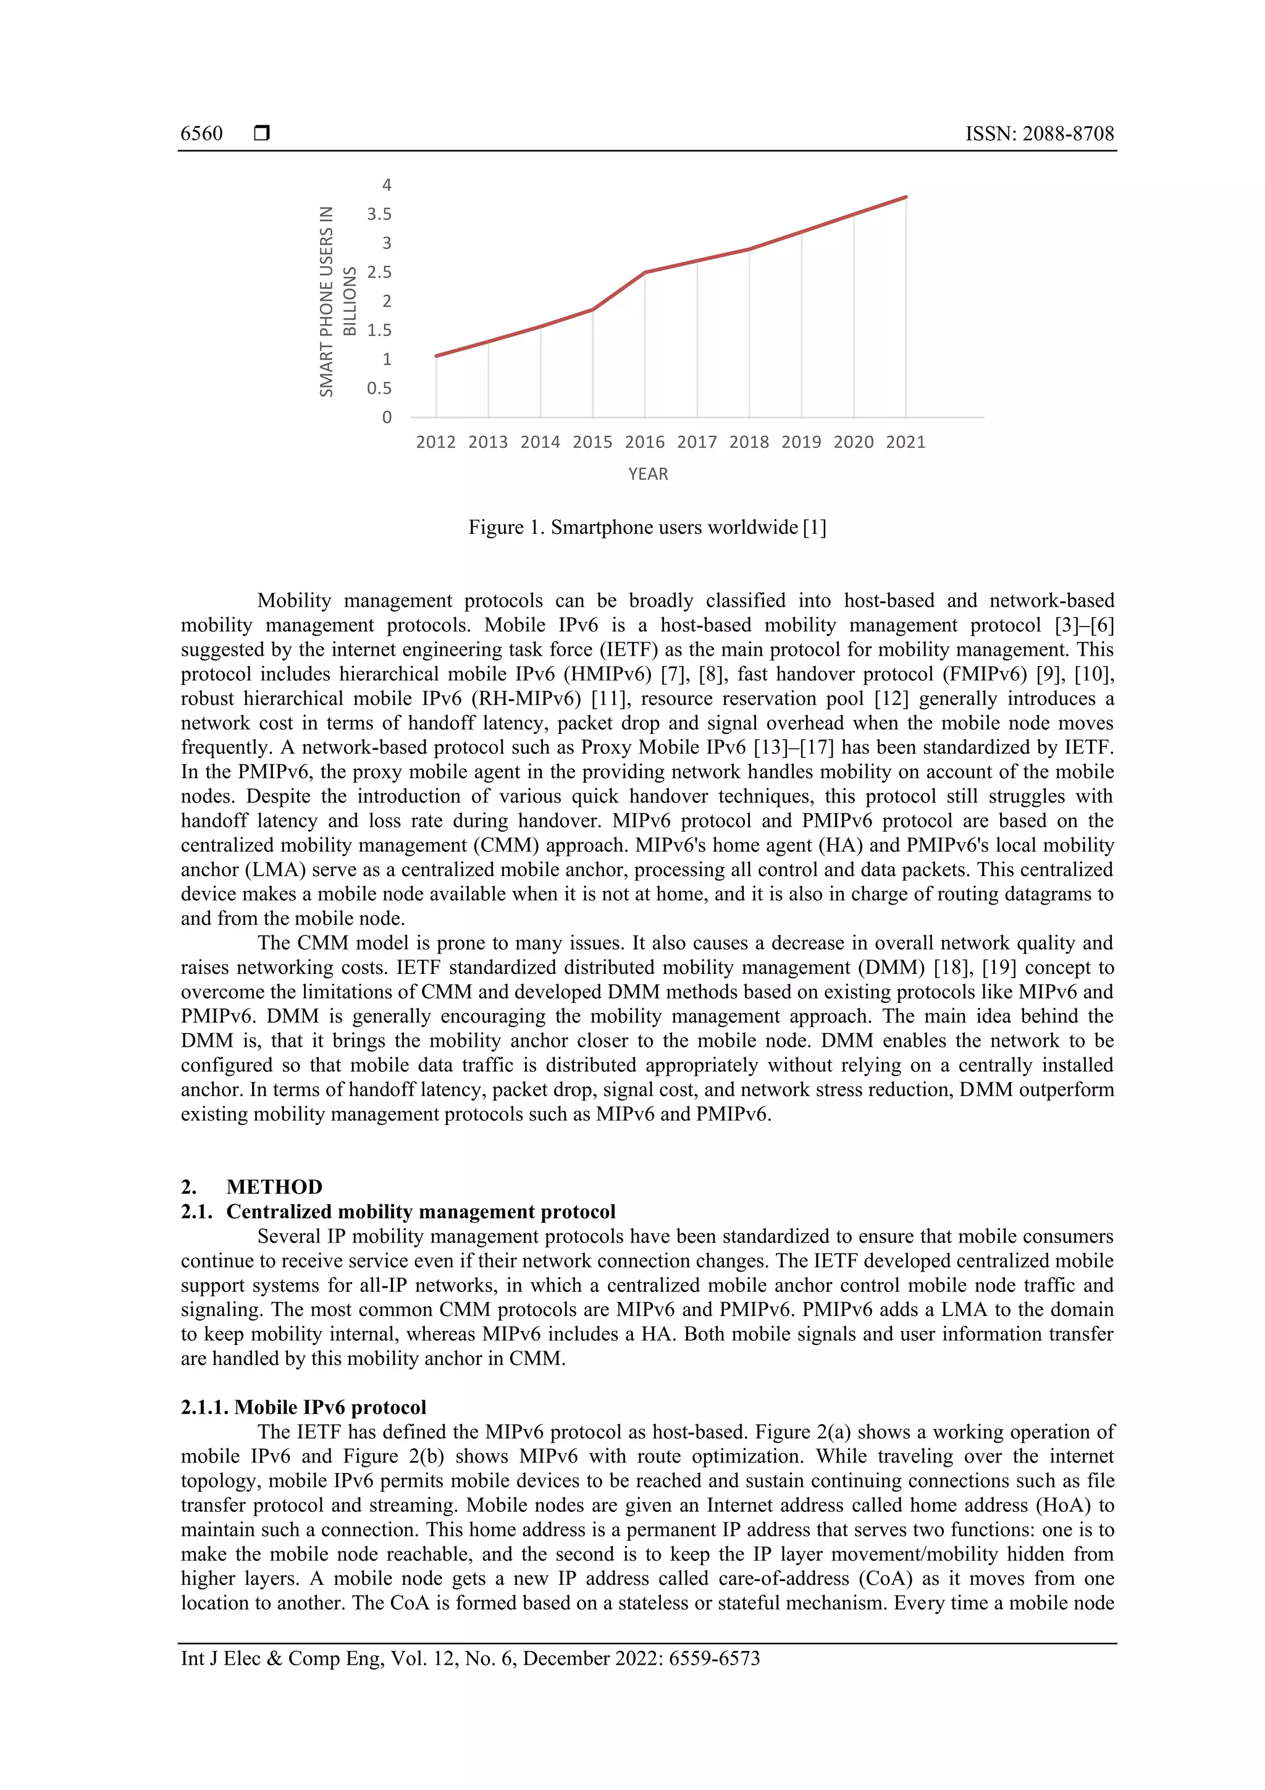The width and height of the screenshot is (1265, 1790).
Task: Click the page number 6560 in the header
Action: (201, 133)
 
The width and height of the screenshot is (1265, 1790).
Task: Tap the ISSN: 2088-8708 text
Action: (1039, 133)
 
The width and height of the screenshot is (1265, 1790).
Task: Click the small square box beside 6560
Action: (262, 133)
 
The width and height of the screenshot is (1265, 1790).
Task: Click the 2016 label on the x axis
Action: (645, 442)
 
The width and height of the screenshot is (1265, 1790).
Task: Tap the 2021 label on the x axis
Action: (906, 442)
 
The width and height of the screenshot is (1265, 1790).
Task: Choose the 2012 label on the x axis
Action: (435, 442)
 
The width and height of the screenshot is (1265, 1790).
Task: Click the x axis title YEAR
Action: (648, 474)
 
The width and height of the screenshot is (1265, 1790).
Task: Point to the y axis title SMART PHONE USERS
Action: (327, 302)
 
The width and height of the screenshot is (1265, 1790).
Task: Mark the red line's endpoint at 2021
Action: (906, 197)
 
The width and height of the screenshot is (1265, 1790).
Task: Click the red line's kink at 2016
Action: (645, 272)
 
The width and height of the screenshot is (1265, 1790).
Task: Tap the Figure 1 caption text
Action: (647, 528)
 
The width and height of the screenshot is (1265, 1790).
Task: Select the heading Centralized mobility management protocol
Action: (421, 1212)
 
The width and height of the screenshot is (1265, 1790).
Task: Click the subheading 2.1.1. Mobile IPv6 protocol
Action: (303, 1407)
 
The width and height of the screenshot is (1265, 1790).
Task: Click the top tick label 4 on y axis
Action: (387, 185)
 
